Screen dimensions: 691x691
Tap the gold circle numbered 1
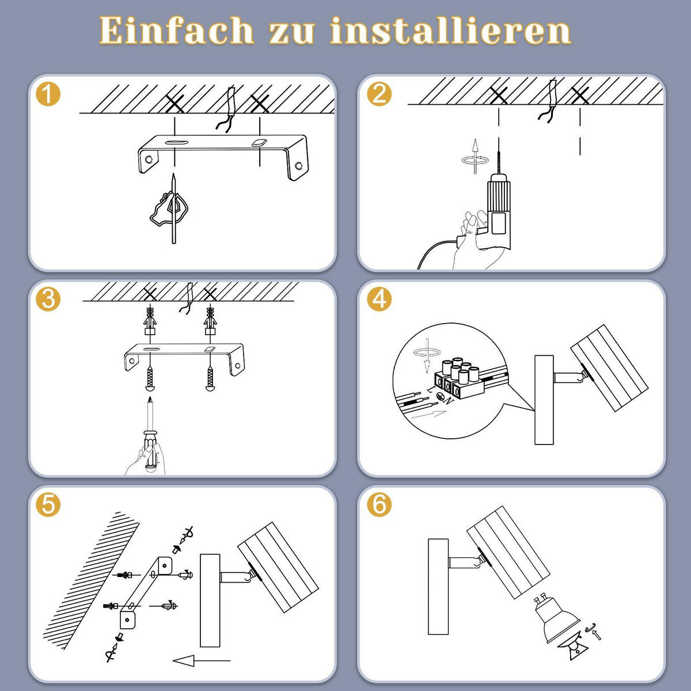pyautogui.click(x=48, y=94)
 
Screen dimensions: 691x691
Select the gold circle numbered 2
pyautogui.click(x=379, y=94)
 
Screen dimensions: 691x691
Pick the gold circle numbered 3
pyautogui.click(x=48, y=299)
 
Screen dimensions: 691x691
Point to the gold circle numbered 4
pyautogui.click(x=379, y=299)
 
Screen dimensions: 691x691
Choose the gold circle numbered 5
pyautogui.click(x=48, y=504)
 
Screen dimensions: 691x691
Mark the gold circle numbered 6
pyautogui.click(x=379, y=504)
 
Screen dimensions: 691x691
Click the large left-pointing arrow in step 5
pyautogui.click(x=201, y=660)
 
